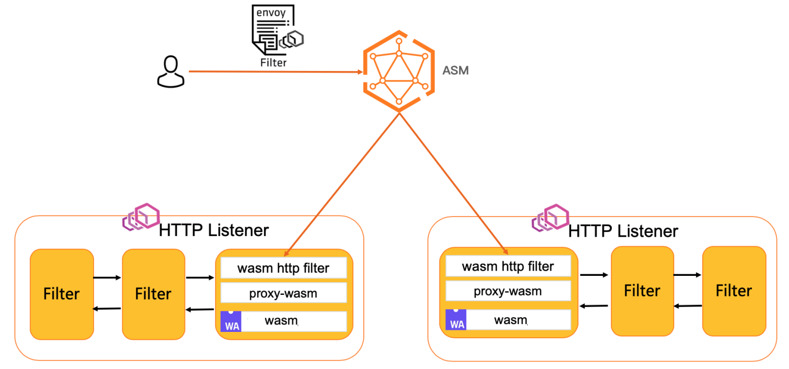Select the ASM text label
point(455,70)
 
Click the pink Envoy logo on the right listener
point(550,218)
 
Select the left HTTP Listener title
point(214,230)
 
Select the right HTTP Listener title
point(623,231)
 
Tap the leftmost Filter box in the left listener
point(62,294)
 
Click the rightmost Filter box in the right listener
point(733,291)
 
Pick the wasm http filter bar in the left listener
point(283,268)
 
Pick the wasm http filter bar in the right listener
point(508,266)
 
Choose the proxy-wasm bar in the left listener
point(283,293)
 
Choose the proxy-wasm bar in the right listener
point(508,291)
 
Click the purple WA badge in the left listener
point(231,321)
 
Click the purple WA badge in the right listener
point(456,320)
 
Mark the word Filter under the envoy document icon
point(273,62)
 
